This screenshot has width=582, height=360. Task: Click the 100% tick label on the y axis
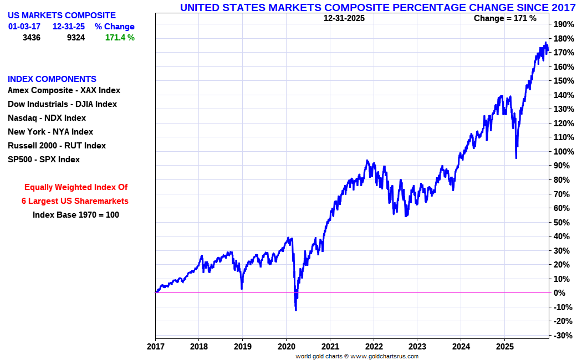point(563,151)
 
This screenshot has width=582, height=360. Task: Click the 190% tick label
point(563,24)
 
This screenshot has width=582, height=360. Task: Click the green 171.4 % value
point(120,38)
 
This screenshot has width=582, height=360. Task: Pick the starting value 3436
point(32,38)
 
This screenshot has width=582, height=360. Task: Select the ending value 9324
point(76,38)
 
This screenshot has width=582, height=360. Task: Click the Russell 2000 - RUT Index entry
point(57,146)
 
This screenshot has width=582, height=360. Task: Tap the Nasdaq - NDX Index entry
point(47,118)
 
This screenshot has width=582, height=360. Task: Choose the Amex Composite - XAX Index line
point(64,90)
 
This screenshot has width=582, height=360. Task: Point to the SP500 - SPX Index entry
point(44,160)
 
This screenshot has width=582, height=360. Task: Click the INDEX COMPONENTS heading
point(52,79)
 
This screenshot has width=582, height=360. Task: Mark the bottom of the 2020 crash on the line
point(296,310)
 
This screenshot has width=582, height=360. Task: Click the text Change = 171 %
point(505,18)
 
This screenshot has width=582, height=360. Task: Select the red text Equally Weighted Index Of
point(76,187)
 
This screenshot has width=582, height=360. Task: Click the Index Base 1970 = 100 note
point(76,215)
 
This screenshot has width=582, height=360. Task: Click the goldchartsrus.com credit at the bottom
point(357,356)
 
